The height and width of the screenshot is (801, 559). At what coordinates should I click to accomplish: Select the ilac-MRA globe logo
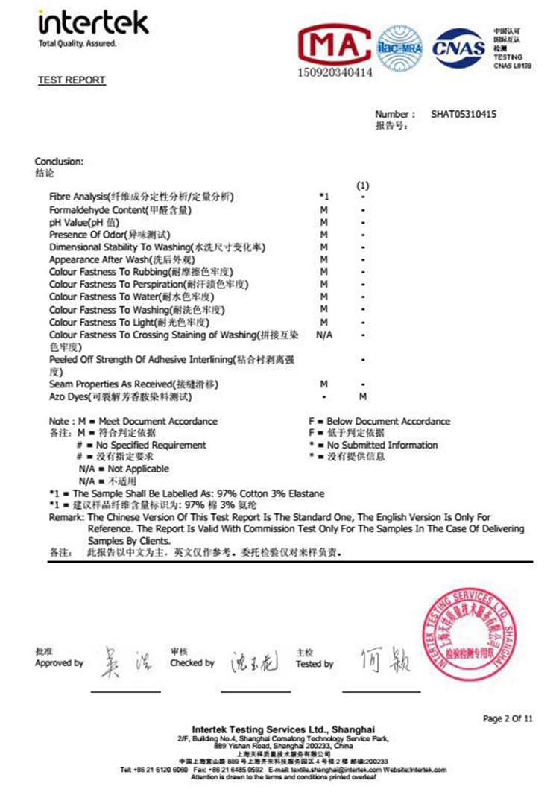tap(399, 46)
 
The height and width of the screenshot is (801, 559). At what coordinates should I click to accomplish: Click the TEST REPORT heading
tap(72, 80)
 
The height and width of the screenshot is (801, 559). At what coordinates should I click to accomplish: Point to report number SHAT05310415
tap(464, 115)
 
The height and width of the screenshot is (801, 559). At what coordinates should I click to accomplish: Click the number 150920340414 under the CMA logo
tap(335, 74)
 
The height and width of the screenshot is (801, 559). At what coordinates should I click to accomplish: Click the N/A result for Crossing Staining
tap(324, 335)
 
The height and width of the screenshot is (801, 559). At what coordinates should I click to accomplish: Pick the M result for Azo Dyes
tap(363, 397)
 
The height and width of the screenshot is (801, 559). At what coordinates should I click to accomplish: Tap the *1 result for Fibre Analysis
tap(323, 197)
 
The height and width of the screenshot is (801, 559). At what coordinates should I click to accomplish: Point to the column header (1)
tap(363, 184)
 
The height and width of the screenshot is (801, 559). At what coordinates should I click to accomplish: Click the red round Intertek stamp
tap(468, 634)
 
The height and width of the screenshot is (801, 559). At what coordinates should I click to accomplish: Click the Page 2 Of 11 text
tap(508, 719)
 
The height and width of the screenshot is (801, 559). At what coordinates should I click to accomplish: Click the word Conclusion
tap(59, 162)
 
